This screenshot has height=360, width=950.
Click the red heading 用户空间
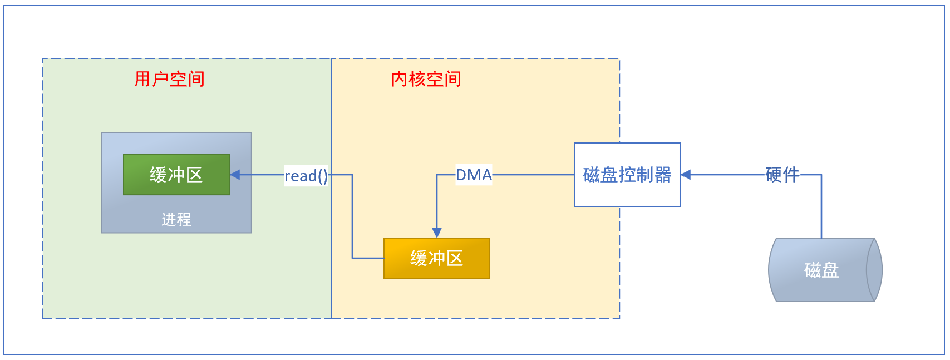coord(169,79)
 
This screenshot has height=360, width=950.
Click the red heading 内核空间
coord(426,79)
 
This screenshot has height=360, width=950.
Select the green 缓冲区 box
coord(176,175)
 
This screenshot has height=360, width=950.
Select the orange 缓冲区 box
coord(436,258)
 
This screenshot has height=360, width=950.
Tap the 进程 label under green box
coord(176,220)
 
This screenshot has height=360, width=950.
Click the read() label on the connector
coord(306,176)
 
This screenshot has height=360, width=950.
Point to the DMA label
coord(474,175)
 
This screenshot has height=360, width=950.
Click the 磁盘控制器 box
coord(627,175)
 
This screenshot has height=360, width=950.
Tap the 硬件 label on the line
coord(782,175)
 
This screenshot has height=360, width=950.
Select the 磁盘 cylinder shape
coord(818,270)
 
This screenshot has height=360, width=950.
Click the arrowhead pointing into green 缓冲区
coord(235,175)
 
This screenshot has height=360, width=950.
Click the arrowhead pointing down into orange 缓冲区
coord(437,232)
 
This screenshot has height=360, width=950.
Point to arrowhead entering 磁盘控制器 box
coord(686,175)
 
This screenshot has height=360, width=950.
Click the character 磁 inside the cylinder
coord(813,270)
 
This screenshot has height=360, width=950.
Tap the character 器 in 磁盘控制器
coord(663,175)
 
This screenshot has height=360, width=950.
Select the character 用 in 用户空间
coord(143,79)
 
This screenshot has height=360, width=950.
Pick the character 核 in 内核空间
coord(417,79)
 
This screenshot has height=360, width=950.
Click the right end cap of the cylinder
coord(874,270)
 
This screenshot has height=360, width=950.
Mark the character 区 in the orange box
coord(454,258)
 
